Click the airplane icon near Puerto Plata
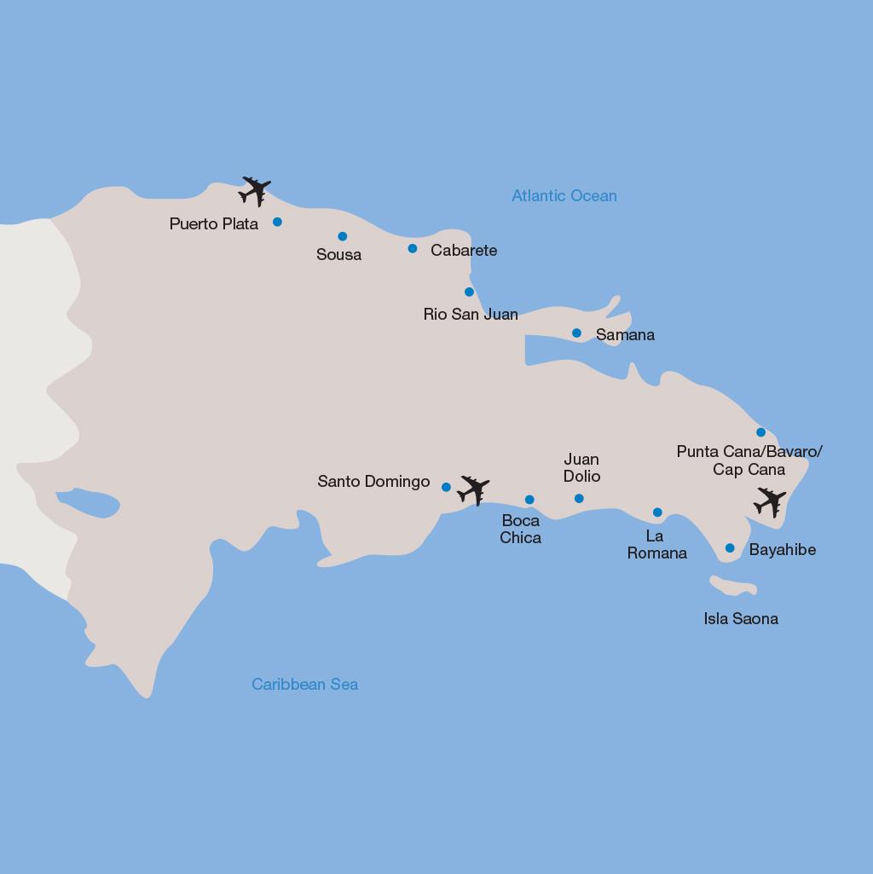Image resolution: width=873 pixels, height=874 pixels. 255,191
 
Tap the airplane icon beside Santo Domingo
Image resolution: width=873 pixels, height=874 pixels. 473,490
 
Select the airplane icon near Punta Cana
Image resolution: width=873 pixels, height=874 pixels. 770,502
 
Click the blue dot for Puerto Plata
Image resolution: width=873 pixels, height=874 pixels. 277,222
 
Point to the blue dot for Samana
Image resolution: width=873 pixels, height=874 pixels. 576,333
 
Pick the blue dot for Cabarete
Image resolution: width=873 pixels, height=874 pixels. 413,249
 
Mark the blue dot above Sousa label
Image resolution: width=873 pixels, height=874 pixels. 343,236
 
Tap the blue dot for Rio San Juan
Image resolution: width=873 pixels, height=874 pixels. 469,292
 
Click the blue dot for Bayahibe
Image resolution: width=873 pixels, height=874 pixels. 730,548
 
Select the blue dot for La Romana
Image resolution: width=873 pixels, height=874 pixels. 657,512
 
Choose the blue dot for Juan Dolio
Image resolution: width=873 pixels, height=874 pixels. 579,498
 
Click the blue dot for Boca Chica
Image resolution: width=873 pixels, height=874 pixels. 529,500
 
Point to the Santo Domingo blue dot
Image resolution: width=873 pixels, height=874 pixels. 446,488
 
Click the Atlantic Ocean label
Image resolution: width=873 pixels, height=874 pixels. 564,196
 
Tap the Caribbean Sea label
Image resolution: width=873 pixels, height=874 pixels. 304,684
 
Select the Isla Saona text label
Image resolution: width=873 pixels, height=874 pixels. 740,619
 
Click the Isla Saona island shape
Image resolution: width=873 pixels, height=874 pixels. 733,587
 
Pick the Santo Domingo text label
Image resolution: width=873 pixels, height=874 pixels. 373,482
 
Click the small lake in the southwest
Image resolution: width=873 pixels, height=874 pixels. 88,502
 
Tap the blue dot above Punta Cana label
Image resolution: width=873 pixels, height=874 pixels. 760,432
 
